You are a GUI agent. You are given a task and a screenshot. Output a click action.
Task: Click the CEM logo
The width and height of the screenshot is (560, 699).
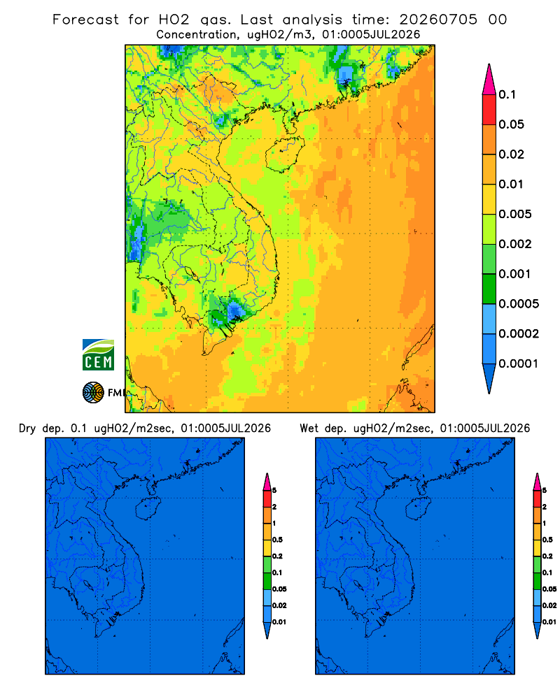(98, 354)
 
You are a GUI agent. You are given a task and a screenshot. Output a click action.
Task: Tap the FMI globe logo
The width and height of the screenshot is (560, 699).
(93, 392)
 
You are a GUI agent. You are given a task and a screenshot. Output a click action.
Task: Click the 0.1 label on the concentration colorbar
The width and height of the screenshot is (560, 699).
(507, 94)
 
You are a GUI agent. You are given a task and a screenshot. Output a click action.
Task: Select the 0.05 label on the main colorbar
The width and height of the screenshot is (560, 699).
(511, 124)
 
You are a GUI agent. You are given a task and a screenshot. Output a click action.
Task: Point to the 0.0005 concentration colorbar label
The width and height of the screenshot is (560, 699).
(519, 304)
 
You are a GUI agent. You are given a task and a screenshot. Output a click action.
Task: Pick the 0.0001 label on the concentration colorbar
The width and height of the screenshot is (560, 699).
(519, 363)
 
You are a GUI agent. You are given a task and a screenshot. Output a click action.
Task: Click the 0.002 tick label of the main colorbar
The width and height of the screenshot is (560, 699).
(515, 244)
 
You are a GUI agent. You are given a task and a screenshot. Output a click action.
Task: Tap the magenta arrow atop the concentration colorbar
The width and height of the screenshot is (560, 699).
(489, 79)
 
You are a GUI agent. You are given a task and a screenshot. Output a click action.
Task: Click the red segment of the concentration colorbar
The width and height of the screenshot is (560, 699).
(489, 110)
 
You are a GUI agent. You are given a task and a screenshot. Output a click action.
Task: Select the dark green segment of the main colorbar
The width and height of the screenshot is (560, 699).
(489, 289)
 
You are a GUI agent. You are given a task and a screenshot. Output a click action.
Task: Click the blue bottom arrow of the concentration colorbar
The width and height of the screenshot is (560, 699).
(489, 378)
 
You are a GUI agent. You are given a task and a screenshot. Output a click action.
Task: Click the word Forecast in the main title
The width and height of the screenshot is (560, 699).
(85, 20)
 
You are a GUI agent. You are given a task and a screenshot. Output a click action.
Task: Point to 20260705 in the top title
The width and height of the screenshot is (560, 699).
(438, 20)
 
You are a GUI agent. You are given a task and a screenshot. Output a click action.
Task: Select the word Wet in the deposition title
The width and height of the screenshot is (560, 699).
(309, 428)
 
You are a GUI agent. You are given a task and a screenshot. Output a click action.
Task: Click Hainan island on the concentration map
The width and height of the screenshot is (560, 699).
(284, 154)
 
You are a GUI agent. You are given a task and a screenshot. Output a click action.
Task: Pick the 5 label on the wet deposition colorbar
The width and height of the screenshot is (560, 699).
(545, 491)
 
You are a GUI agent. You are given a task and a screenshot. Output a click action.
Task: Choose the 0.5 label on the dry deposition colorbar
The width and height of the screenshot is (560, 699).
(277, 540)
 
